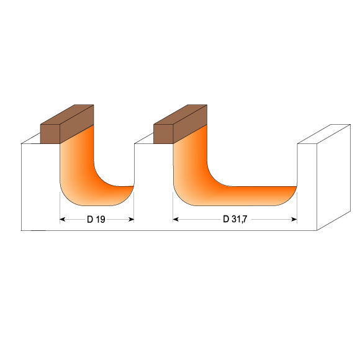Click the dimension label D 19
click(x=96, y=219)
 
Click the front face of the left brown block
click(x=50, y=134)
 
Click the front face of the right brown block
click(x=163, y=134)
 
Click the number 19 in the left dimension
click(x=101, y=219)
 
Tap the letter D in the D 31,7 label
click(x=226, y=219)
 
